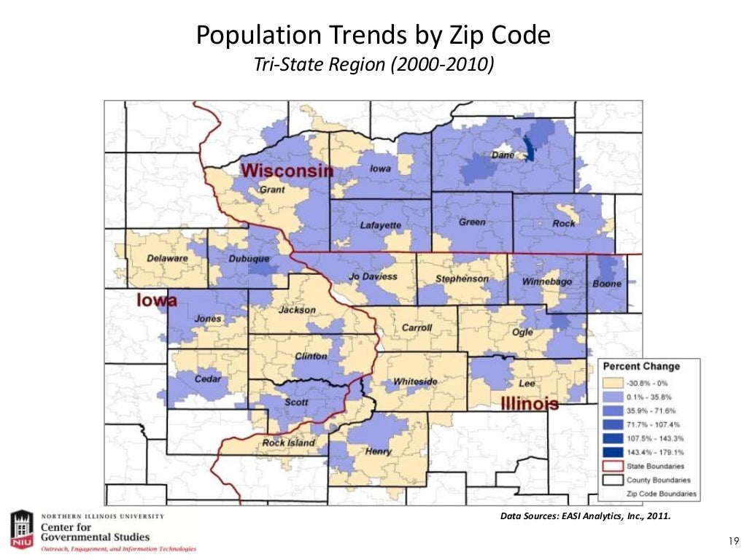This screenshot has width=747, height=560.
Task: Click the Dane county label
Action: pyautogui.click(x=502, y=155)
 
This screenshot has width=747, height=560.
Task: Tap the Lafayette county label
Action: pyautogui.click(x=380, y=225)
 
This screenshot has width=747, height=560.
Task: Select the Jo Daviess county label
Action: pyautogui.click(x=373, y=277)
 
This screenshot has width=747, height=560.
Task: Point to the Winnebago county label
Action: pyautogui.click(x=547, y=281)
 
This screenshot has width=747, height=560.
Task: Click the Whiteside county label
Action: pyautogui.click(x=415, y=381)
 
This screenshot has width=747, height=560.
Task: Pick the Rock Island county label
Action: pyautogui.click(x=288, y=443)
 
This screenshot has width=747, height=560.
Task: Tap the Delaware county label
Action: pyautogui.click(x=167, y=258)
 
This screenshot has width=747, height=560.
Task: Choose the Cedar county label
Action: pyautogui.click(x=208, y=378)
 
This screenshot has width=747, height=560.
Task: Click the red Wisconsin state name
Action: pyautogui.click(x=287, y=171)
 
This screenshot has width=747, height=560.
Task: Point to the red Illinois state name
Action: pyautogui.click(x=530, y=403)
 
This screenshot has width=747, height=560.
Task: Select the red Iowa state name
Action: pyautogui.click(x=158, y=300)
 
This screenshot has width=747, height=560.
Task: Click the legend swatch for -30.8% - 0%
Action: pyautogui.click(x=613, y=383)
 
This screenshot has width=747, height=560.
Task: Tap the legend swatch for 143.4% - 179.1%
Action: pyautogui.click(x=613, y=452)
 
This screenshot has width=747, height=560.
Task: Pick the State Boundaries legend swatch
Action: pyautogui.click(x=613, y=466)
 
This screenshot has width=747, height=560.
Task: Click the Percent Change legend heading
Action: pyautogui.click(x=640, y=367)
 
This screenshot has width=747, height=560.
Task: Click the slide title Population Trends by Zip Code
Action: pyautogui.click(x=373, y=35)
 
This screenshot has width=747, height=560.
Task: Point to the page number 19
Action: pyautogui.click(x=734, y=540)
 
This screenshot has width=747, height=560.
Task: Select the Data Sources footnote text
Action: pyautogui.click(x=584, y=517)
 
